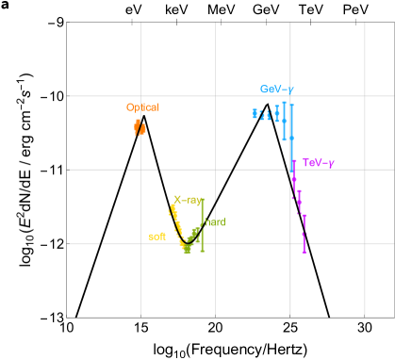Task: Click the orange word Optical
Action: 142,107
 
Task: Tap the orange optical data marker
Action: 140,126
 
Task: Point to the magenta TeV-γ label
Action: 318,163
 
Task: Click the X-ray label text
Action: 188,200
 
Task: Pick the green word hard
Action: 216,221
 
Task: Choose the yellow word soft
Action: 156,237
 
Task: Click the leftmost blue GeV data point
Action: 255,114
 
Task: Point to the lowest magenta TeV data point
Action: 304,250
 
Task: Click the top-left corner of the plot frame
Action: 67,22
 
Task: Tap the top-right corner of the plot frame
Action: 364,22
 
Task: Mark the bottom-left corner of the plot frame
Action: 67,317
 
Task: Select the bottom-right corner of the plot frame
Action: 364,317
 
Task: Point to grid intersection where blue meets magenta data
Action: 290,170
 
